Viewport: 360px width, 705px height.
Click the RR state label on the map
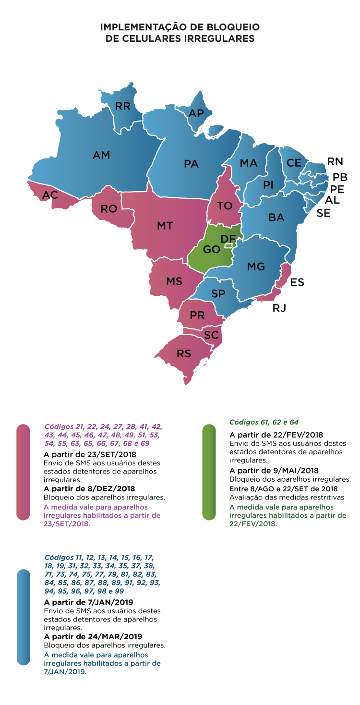(123, 106)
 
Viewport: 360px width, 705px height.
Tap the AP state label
(196, 113)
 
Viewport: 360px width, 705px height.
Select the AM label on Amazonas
(101, 155)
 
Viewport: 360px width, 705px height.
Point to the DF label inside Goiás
(228, 239)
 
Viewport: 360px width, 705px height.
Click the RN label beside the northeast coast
(335, 161)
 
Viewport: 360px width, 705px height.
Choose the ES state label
(297, 282)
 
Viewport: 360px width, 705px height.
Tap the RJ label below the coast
(279, 308)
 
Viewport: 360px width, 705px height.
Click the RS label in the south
(184, 354)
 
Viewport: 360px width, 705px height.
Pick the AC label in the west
(50, 195)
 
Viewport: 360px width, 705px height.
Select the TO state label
(225, 206)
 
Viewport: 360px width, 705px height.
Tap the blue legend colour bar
(23, 617)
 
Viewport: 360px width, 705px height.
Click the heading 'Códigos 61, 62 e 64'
(264, 422)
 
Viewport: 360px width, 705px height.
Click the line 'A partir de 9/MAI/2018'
(274, 471)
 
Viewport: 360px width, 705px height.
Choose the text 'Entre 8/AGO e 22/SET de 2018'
(284, 488)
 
